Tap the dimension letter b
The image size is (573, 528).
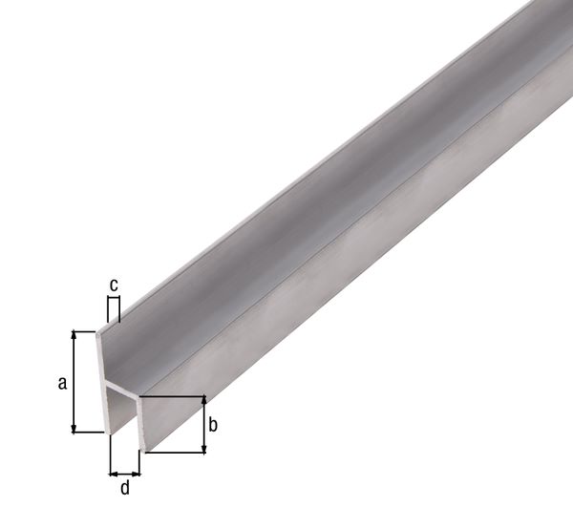pos(214,425)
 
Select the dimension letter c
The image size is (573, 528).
pos(114,284)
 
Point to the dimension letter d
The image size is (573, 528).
pos(125,489)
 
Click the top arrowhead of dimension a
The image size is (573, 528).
pos(74,337)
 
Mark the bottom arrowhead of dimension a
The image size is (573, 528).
pos(74,428)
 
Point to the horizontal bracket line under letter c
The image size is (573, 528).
pos(114,298)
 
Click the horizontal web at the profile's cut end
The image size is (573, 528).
pos(126,392)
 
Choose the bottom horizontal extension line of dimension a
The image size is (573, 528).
pos(89,433)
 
